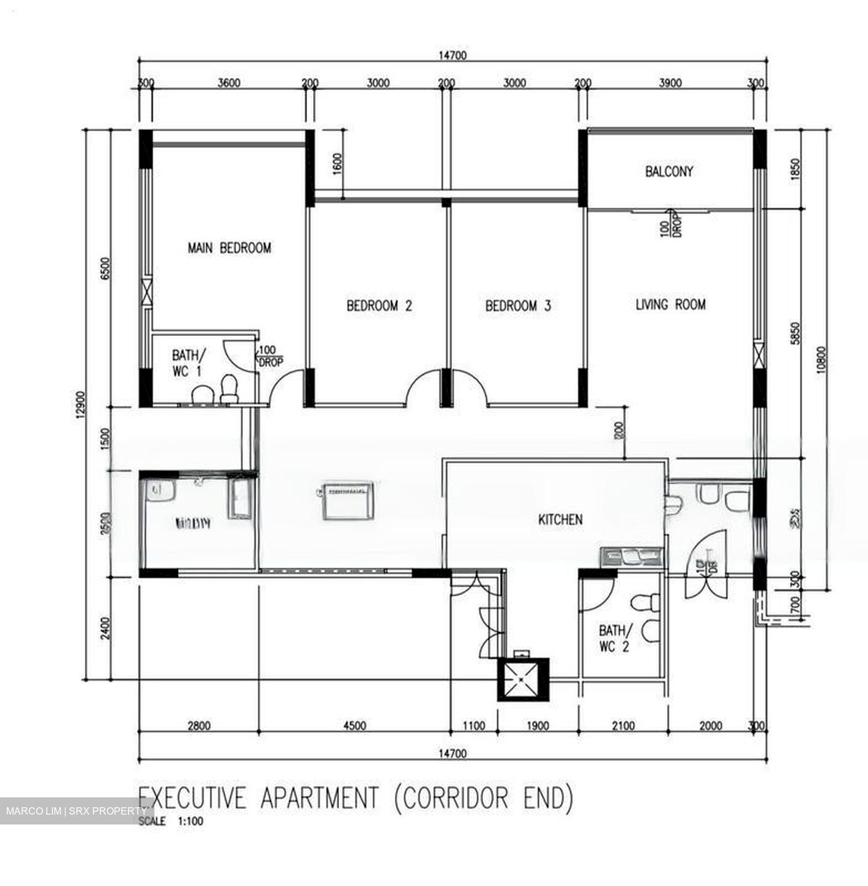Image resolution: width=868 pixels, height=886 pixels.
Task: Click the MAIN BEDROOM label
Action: tap(229, 248)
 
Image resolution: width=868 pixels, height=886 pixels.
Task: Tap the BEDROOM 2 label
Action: tap(379, 306)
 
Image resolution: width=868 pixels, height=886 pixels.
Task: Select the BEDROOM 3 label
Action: tap(518, 306)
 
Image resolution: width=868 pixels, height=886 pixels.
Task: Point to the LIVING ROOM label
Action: tap(671, 305)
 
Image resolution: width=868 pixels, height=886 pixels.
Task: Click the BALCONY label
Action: tap(669, 172)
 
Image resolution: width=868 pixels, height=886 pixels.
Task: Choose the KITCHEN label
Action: tap(560, 520)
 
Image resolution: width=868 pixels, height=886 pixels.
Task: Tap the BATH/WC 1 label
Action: tap(186, 363)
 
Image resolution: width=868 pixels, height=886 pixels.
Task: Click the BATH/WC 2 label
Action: tap(614, 638)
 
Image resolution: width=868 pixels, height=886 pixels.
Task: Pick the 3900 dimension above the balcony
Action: tap(669, 83)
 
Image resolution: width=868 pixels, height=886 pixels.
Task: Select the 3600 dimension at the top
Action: tap(229, 83)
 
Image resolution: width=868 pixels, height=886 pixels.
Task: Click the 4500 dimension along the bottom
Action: tap(355, 726)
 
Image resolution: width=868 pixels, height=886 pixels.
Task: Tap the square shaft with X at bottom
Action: tap(522, 679)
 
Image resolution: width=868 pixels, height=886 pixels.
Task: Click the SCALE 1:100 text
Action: tap(171, 821)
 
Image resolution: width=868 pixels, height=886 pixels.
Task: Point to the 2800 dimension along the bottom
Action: tap(199, 726)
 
